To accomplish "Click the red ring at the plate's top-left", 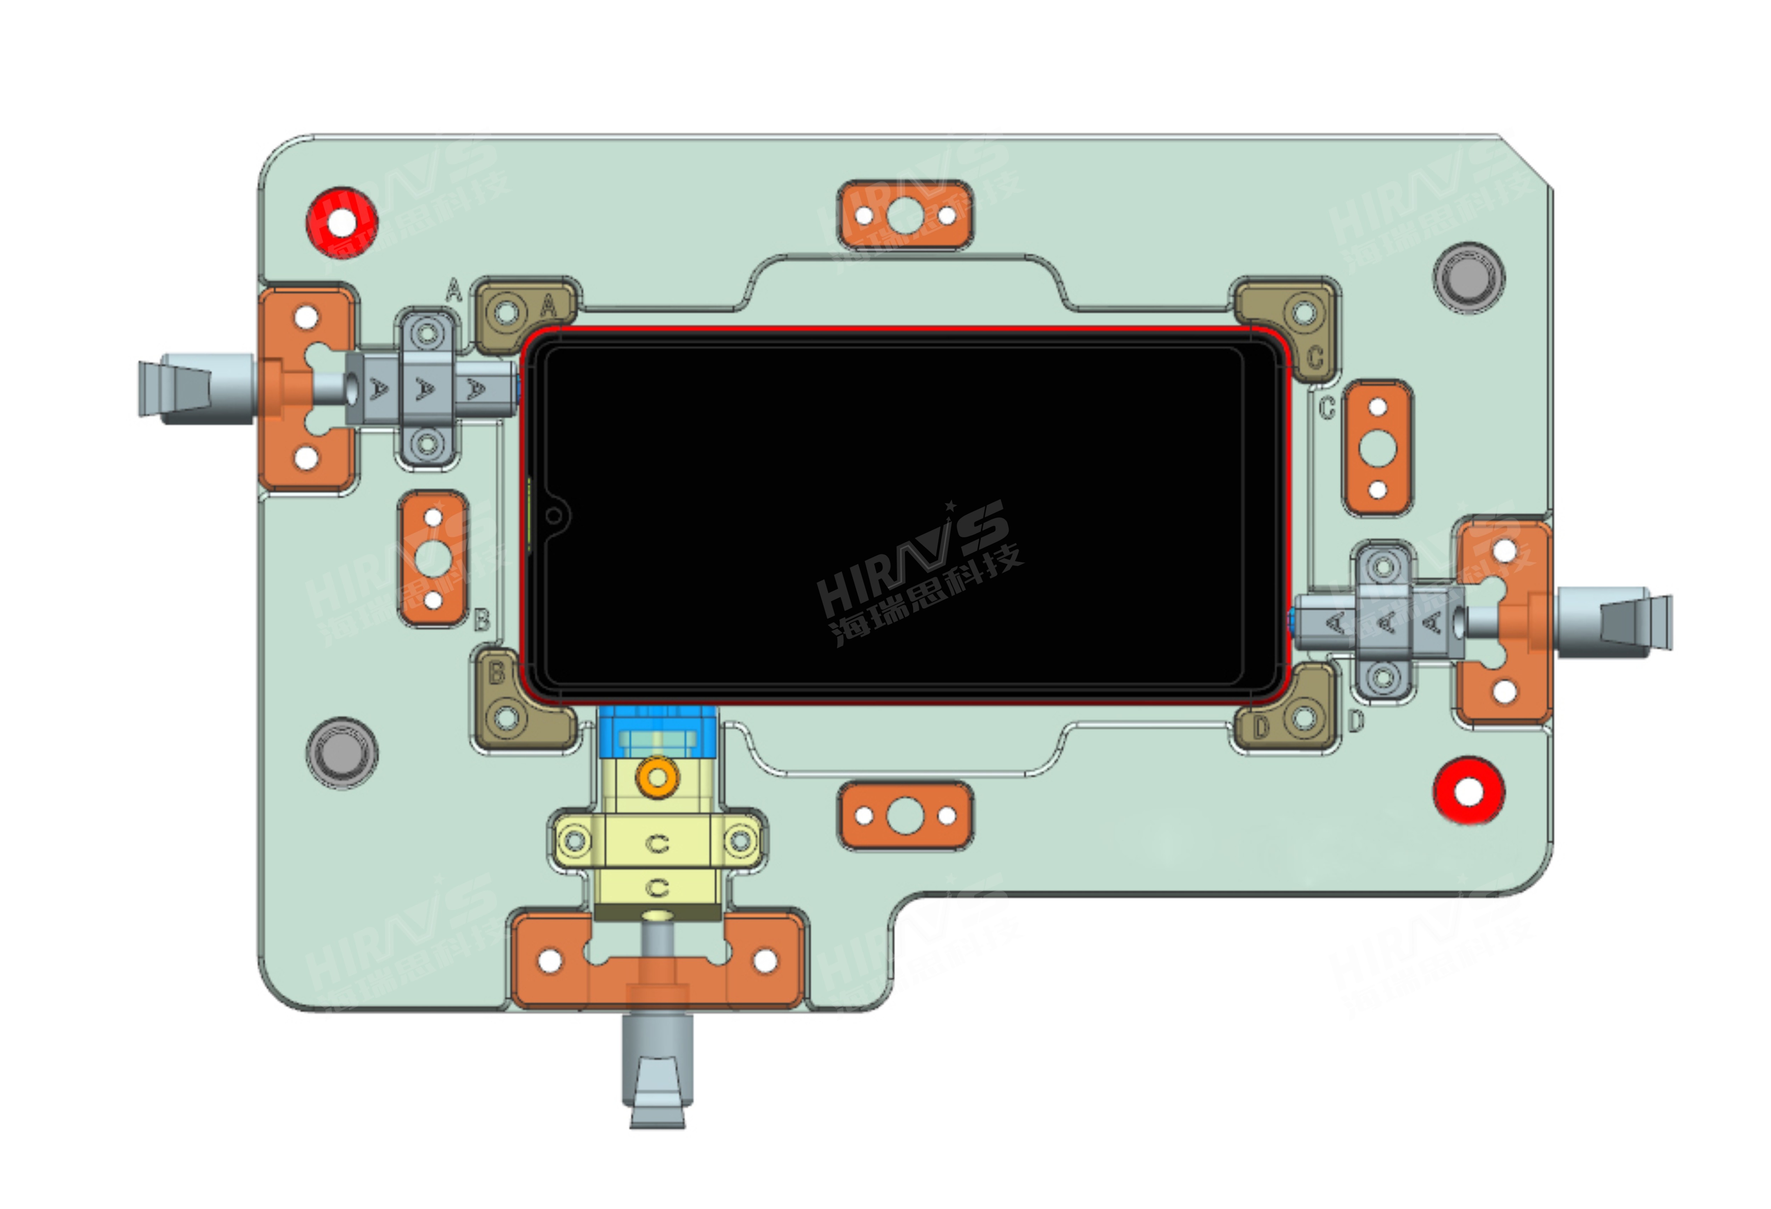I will point(342,222).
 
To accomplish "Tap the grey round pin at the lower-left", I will point(342,753).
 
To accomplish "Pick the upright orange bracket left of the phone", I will point(433,559).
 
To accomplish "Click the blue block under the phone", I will point(657,732).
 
